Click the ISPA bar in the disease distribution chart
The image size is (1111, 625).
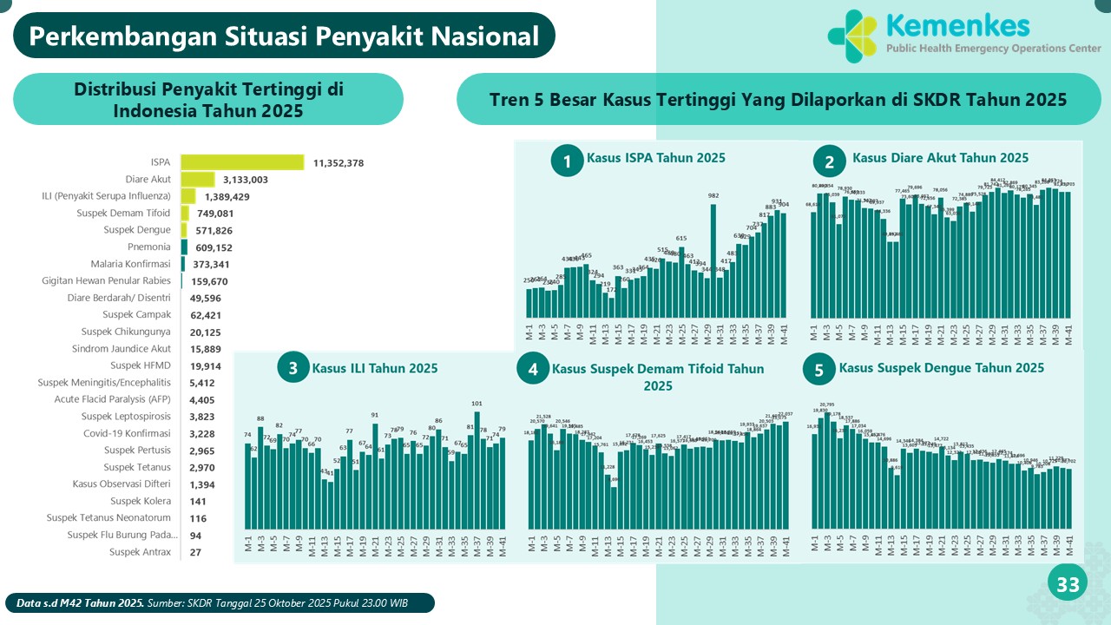242,162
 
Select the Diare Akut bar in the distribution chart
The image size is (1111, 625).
197,179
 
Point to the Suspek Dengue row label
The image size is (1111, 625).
137,230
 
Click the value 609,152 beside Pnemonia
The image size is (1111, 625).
214,247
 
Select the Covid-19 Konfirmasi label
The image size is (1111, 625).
127,433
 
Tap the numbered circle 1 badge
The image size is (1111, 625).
567,161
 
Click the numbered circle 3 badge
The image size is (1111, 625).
293,368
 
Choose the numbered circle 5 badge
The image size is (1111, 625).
818,370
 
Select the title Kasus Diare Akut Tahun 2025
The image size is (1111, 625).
940,158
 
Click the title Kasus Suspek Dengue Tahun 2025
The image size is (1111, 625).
941,368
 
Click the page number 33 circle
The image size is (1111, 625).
1067,585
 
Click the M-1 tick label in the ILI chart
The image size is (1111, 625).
248,544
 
